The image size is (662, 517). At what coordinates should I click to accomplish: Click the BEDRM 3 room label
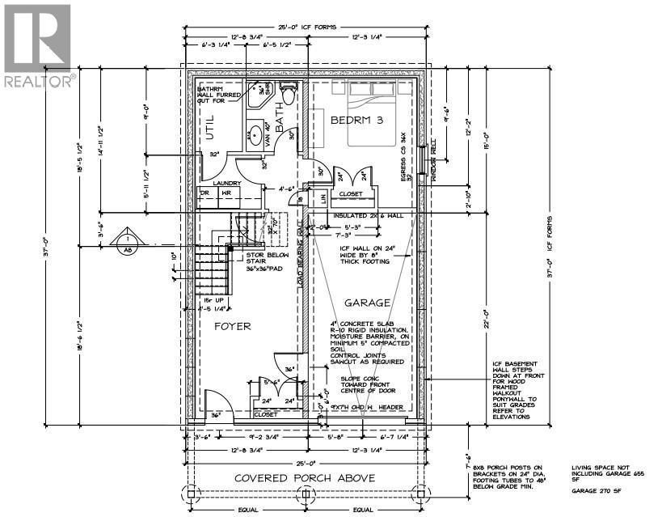356,120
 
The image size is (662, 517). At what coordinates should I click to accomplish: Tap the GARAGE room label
369,303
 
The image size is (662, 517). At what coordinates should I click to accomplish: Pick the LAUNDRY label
228,183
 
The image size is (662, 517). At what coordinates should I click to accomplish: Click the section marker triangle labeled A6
127,243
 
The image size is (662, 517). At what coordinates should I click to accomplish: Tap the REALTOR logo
38,44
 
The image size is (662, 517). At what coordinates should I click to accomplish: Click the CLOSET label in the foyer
264,414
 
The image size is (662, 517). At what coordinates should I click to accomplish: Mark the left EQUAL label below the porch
247,510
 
